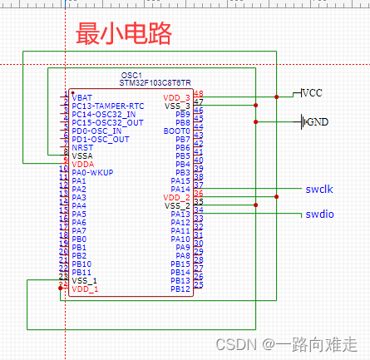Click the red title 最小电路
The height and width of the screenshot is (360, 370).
coord(124,34)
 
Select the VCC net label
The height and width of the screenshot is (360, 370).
coord(313,93)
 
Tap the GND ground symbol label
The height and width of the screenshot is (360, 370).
coord(317,122)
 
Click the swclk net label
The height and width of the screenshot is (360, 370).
coord(320,190)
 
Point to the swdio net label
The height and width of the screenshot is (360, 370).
coord(320,215)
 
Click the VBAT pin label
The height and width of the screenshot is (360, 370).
coord(82,97)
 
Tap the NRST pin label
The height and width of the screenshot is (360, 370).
coord(82,147)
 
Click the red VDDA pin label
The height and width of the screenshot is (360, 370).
coord(82,164)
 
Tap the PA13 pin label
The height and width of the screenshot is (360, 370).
coord(180,214)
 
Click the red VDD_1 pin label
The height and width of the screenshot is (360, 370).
coord(85,288)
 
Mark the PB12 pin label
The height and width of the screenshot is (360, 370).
coord(180,288)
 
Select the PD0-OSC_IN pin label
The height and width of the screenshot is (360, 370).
coord(96,131)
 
